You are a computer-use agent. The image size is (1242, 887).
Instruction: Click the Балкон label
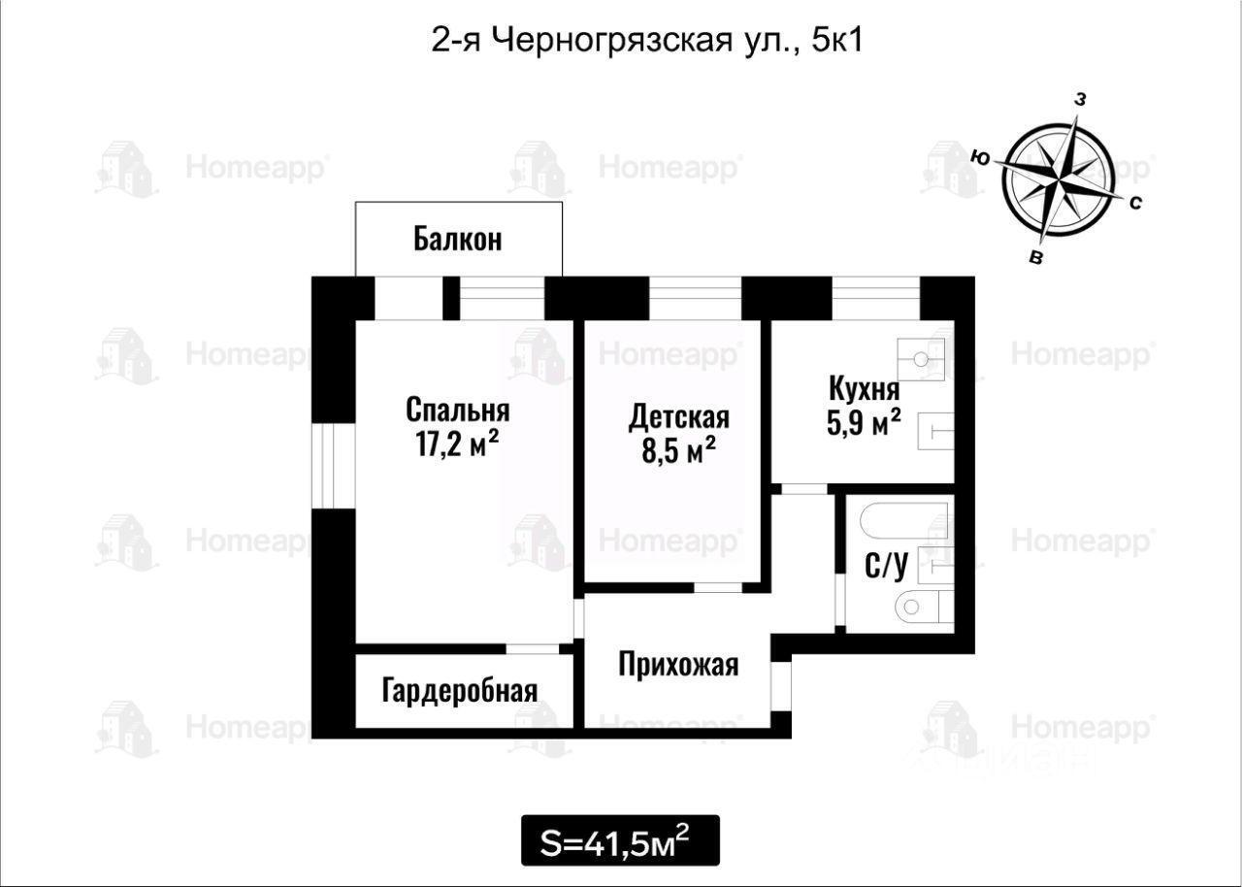pos(457,240)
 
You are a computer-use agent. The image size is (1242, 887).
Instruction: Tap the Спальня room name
pos(457,411)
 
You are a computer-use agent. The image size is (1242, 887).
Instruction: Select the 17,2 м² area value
pos(457,443)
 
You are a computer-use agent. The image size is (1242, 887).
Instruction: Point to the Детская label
pos(678,417)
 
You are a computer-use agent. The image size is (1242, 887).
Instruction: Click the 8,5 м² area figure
pos(678,450)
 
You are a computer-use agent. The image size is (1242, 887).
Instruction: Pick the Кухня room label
pos(864,389)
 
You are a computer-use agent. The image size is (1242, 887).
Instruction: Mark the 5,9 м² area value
pos(864,422)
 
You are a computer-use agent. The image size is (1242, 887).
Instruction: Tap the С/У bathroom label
pos(886,565)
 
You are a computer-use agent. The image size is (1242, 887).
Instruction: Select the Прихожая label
pos(678,664)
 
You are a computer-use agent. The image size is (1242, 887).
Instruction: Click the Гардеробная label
pos(460,691)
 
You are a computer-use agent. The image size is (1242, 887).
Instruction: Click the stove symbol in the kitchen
pos(921,360)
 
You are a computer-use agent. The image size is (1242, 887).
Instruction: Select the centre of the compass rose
pos(1059,181)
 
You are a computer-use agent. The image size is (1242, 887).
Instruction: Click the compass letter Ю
pos(980,158)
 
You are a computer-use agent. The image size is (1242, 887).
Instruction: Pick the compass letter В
pos(1035,258)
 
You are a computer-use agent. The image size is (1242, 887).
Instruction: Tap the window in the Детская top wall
pos(696,298)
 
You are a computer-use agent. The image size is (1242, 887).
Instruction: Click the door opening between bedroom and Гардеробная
pos(532,648)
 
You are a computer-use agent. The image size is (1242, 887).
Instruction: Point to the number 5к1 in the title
pos(837,41)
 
